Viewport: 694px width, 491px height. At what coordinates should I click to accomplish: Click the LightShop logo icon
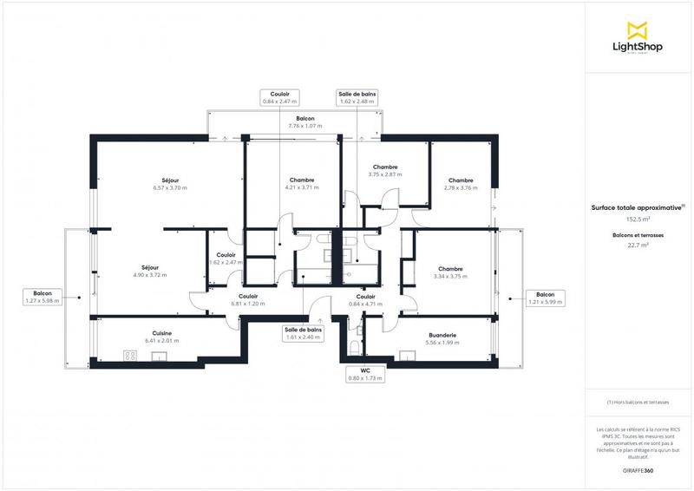[638, 30]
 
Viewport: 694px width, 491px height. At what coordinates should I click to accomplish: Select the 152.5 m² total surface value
[638, 219]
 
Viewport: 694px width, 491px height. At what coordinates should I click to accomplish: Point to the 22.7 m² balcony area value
[638, 245]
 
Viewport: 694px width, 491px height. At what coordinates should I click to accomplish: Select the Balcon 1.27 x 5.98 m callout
[43, 298]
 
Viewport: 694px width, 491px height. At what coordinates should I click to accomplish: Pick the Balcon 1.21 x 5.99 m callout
[545, 298]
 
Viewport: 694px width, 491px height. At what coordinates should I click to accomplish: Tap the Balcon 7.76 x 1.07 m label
[304, 121]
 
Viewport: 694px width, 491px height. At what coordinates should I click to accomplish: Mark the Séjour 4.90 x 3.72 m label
[150, 271]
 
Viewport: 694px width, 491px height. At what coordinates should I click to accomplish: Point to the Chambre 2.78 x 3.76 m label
[461, 184]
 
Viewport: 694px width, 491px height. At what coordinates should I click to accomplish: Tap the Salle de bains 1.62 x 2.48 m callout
[357, 98]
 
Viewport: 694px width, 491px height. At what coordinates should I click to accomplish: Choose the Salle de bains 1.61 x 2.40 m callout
[303, 334]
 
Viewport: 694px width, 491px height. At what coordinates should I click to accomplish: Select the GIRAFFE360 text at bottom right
[638, 469]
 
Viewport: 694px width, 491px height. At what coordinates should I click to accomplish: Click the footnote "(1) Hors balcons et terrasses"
[638, 403]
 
